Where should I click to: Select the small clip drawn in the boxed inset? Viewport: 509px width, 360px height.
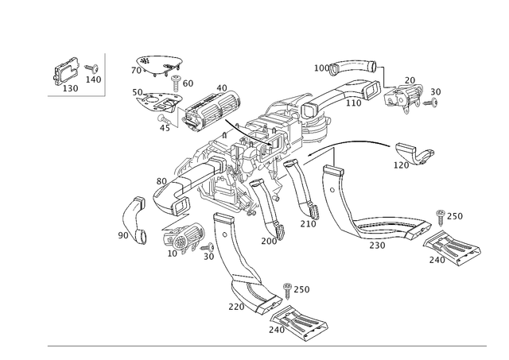tap(65, 72)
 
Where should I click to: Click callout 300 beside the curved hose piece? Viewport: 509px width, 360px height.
tap(122, 235)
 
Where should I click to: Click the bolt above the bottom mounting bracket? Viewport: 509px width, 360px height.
tap(289, 288)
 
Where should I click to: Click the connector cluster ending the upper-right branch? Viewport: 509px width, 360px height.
tap(410, 95)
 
